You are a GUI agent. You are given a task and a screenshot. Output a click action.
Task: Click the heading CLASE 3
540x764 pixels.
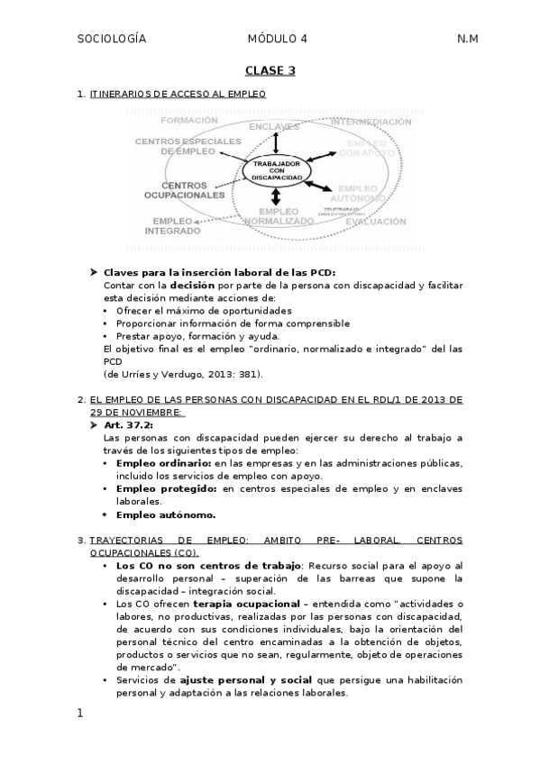270,69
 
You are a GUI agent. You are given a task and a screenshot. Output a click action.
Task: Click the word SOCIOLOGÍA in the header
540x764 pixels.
112,39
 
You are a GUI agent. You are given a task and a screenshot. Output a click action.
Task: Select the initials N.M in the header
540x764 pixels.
467,39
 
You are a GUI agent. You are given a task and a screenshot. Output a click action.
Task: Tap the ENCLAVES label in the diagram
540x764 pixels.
274,125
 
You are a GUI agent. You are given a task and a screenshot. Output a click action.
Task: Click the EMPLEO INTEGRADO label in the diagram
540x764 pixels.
172,225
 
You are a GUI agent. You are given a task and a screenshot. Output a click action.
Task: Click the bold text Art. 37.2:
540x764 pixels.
129,424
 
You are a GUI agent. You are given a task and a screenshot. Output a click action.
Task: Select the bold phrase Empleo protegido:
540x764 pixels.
168,488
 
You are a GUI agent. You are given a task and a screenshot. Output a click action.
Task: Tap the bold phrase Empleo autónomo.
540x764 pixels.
166,514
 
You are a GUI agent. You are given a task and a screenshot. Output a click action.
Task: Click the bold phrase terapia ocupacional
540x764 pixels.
241,603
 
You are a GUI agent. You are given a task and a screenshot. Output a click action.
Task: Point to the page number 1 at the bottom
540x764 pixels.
80,714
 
